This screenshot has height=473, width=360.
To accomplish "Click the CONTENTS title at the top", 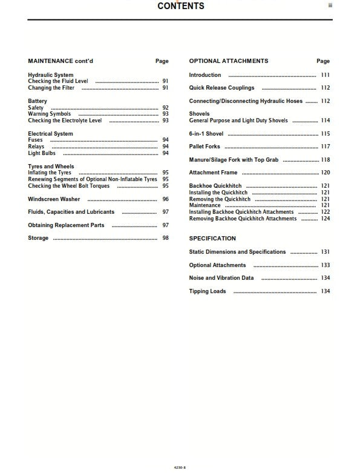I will coord(181,6).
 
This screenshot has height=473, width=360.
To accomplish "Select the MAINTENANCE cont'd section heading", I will coord(61,61).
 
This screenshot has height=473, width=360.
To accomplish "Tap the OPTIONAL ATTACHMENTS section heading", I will coord(228,61).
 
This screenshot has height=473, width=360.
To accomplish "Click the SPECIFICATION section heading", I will coord(212,239).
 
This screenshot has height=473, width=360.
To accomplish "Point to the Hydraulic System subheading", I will coord(51,75).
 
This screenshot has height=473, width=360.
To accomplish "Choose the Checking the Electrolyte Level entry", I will coord(65,121).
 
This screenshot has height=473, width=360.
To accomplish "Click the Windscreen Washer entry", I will coord(54,199).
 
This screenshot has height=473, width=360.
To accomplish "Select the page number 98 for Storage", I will coord(165,239).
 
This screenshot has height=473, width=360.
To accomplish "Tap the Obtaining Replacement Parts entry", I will coord(66,225).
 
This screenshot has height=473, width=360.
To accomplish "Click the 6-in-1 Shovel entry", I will coord(206,134).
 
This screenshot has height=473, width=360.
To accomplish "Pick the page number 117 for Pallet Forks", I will coord(326,147).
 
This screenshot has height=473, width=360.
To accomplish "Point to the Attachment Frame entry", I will coord(213,173).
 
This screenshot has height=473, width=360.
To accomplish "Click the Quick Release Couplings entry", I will coord(221,88).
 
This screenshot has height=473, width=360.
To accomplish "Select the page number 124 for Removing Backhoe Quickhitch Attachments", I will coord(326,219).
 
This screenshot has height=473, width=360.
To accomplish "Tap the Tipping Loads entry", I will coord(208,291).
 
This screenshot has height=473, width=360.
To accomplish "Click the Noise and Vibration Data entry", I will coord(221,278).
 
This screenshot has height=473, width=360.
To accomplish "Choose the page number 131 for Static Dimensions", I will coord(326,252).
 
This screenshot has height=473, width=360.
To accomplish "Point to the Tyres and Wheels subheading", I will coord(51,167).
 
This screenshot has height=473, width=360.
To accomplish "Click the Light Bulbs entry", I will coord(42,153).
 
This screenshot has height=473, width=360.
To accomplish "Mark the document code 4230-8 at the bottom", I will coord(180,468).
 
